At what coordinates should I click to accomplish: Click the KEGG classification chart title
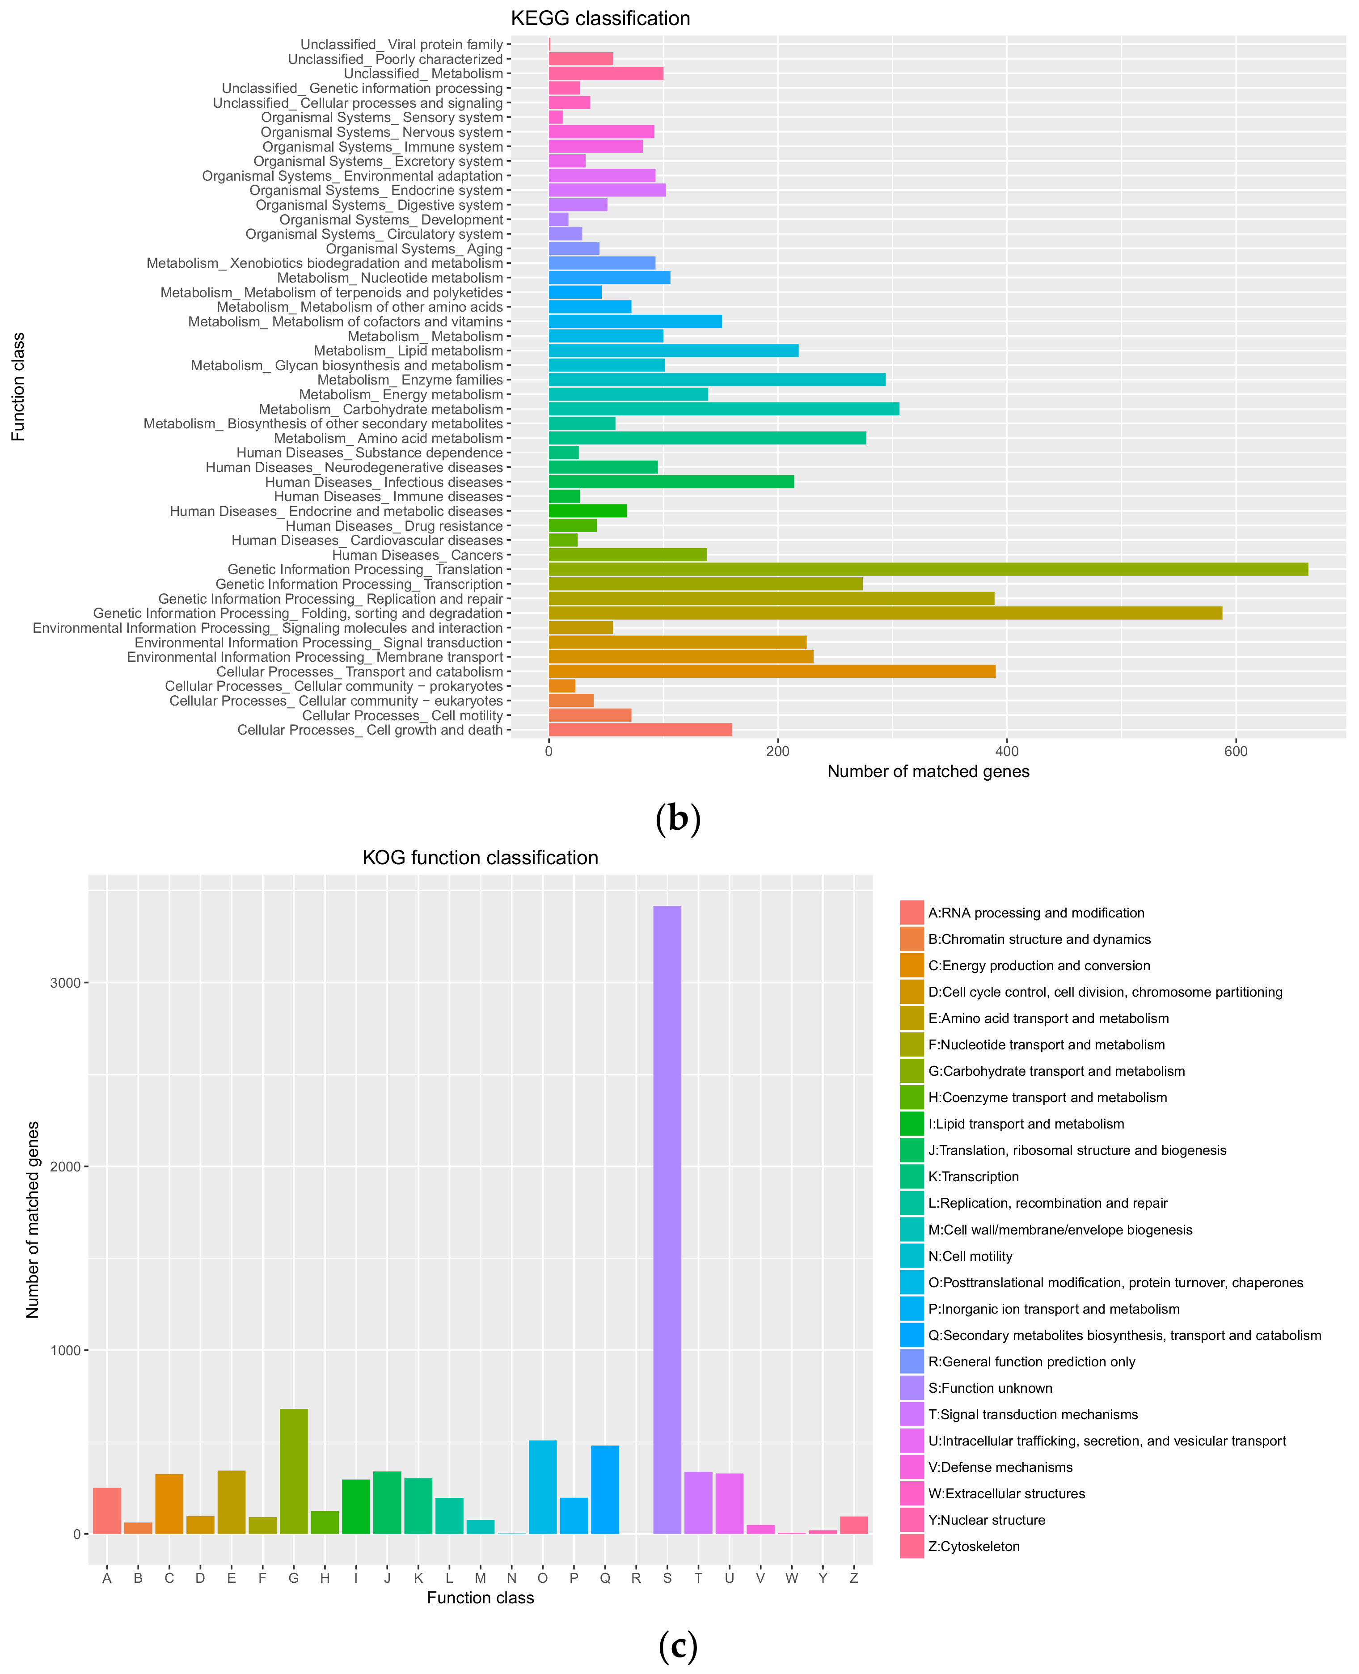tap(600, 19)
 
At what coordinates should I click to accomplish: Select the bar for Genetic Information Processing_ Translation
tap(928, 569)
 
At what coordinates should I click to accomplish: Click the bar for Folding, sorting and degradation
tap(885, 613)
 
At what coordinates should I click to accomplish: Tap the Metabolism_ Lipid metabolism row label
tap(408, 351)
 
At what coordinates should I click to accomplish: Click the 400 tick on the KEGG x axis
tap(1007, 752)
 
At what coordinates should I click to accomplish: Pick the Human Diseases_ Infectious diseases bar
tap(671, 482)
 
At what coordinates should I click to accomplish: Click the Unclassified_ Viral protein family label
tap(401, 45)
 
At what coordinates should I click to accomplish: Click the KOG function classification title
tap(480, 858)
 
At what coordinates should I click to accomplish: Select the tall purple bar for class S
tap(667, 1222)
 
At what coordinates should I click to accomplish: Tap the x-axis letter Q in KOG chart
tap(604, 1578)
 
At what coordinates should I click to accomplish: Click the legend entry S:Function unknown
tap(989, 1388)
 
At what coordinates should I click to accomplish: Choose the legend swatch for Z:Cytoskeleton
tap(911, 1547)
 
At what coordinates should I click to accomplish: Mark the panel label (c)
tap(677, 1647)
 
